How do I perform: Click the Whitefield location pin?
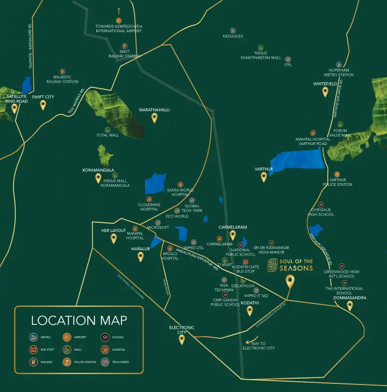pyautogui.click(x=325, y=92)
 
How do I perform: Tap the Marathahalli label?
pyautogui.click(x=154, y=110)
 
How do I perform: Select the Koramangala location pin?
pyautogui.click(x=98, y=178)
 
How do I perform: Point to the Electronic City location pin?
pyautogui.click(x=182, y=339)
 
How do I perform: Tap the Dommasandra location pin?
pyautogui.click(x=350, y=306)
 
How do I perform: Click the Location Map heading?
pyautogui.click(x=79, y=321)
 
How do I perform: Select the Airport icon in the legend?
pyautogui.click(x=67, y=338)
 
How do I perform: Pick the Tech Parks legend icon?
pyautogui.click(x=105, y=362)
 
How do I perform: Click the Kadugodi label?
pyautogui.click(x=233, y=36)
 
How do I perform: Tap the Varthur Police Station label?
pyautogui.click(x=338, y=182)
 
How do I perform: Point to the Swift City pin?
pyautogui.click(x=43, y=105)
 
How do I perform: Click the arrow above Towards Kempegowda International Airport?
pyautogui.click(x=119, y=10)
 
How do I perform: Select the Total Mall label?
pyautogui.click(x=107, y=135)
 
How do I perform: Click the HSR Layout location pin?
pyautogui.click(x=113, y=238)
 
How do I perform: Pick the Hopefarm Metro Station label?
pyautogui.click(x=339, y=72)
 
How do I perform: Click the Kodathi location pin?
pyautogui.click(x=249, y=311)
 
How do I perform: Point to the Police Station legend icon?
pyautogui.click(x=67, y=362)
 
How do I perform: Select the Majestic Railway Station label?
pyautogui.click(x=62, y=79)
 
